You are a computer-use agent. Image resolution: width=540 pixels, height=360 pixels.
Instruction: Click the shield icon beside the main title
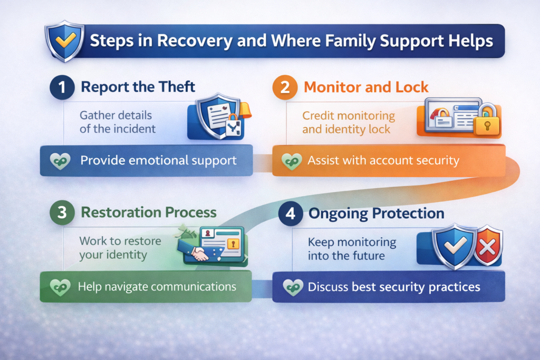[x=63, y=41]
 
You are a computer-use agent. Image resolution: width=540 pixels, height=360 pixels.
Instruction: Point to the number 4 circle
[x=290, y=214]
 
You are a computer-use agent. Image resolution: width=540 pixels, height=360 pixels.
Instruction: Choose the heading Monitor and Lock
[x=368, y=87]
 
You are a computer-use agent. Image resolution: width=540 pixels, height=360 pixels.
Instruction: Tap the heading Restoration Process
[x=148, y=212]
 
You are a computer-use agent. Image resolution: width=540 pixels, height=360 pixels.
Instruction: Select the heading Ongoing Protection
[x=376, y=214]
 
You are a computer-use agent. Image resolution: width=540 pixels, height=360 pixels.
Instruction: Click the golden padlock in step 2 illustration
[x=486, y=123]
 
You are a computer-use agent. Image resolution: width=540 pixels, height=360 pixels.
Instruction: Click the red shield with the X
[x=488, y=246]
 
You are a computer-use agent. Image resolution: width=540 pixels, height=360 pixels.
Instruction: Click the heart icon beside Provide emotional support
[x=60, y=161]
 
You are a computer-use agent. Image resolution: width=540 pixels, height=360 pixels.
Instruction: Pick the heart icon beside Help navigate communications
[x=58, y=287]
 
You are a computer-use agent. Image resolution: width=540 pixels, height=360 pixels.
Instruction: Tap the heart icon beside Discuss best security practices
[x=291, y=287]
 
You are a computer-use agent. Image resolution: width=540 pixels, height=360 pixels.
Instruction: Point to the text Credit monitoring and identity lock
[x=349, y=122]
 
